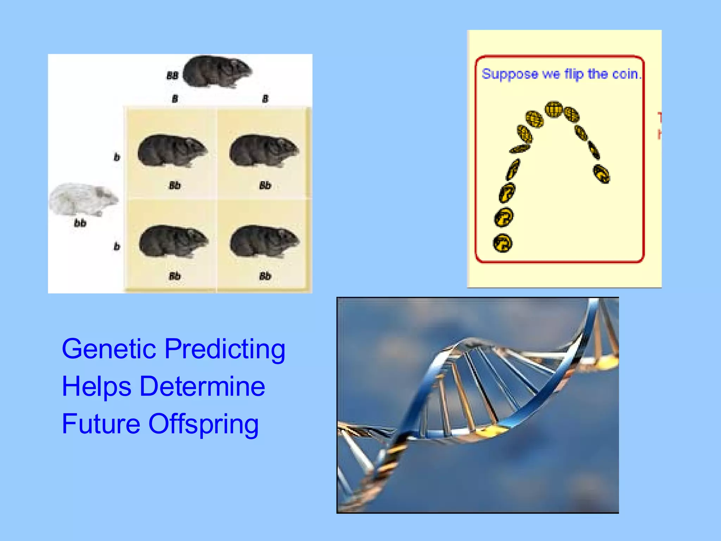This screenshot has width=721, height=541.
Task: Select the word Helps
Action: [96, 387]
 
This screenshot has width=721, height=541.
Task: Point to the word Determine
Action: [202, 386]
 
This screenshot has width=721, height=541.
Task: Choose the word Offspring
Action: [203, 425]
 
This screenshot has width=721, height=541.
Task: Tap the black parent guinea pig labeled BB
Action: [217, 71]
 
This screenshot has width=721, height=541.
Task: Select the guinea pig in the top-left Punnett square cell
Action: [172, 151]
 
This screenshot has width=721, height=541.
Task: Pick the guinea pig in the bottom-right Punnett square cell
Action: [264, 242]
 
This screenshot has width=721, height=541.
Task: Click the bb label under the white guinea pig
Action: [80, 223]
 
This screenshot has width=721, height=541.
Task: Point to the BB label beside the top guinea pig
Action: [172, 75]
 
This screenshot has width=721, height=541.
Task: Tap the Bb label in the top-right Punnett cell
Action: [265, 185]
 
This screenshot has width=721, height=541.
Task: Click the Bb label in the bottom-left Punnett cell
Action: [175, 276]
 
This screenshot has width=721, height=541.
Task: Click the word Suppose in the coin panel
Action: [509, 74]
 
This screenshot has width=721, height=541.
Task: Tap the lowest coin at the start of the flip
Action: [502, 243]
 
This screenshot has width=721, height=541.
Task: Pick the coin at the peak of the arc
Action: [554, 109]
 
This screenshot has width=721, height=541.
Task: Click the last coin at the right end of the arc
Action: [601, 174]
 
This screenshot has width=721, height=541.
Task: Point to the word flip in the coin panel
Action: [574, 74]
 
